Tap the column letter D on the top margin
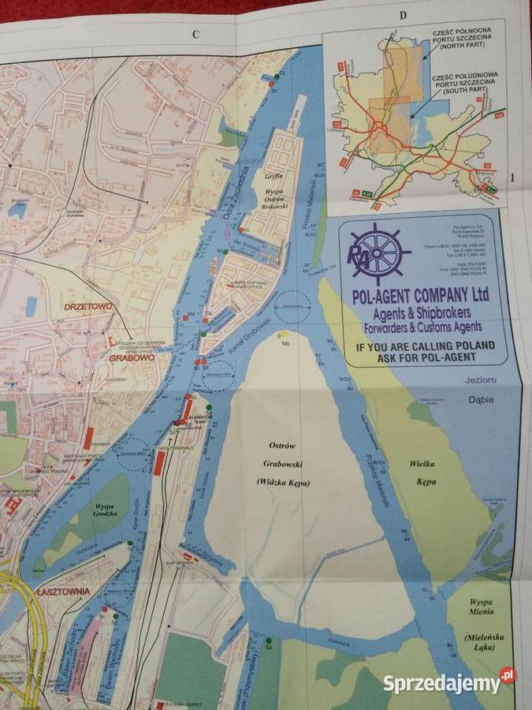pos(401,15)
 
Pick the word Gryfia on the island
pos(273,178)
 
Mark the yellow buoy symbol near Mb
pos(284,334)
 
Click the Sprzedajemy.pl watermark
pos(449,682)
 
